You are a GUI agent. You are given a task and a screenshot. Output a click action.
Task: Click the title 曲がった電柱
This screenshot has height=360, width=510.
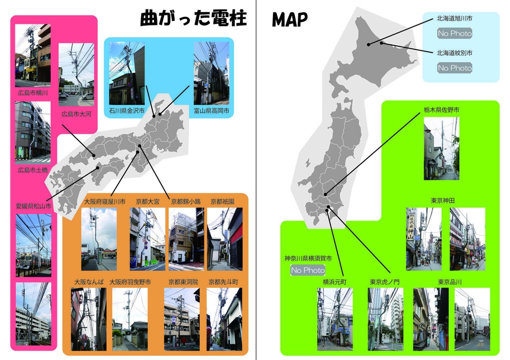[x=194, y=18]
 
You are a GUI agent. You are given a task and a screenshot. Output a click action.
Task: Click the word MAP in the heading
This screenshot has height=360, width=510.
[x=289, y=19]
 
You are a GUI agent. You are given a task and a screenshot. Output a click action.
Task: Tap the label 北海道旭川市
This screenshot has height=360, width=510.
[x=455, y=18]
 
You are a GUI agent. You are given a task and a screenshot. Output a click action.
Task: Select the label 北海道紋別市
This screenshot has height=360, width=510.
[x=455, y=53]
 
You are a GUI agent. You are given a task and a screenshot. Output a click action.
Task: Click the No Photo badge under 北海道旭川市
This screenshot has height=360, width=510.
[x=455, y=34]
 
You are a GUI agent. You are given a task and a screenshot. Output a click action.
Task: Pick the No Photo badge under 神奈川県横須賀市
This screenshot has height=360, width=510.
[x=308, y=270]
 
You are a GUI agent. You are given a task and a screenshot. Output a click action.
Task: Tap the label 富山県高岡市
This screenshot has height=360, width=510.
[x=212, y=111]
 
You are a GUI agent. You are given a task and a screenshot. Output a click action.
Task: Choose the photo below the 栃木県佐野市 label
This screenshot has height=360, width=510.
[x=441, y=148]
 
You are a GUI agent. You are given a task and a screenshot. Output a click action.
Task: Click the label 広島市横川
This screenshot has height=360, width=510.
[x=33, y=93]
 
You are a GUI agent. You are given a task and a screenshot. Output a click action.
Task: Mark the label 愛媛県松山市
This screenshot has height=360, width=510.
[x=33, y=206]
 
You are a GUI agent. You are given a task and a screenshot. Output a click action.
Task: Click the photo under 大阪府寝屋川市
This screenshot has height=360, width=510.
[x=99, y=240]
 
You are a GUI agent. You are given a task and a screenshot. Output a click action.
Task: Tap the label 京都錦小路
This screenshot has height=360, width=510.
[x=185, y=202]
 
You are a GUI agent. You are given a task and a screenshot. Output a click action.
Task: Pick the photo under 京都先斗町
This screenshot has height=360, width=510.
[x=224, y=319]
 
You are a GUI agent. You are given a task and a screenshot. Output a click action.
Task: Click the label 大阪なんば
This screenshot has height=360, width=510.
[x=89, y=282]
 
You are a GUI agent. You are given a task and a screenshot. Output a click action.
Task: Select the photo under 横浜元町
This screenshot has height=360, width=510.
[x=335, y=319]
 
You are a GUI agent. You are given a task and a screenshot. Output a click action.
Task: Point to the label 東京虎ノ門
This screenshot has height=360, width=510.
[x=384, y=282]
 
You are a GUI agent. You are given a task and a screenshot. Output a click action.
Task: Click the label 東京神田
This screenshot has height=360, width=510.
[x=443, y=200]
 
